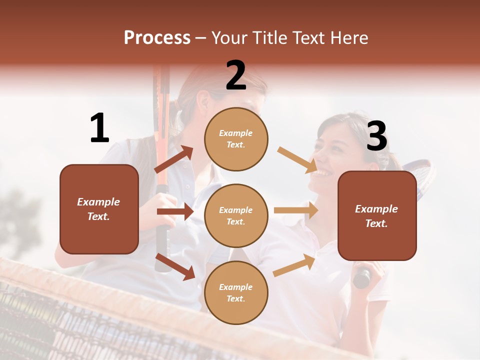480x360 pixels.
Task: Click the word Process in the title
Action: [x=157, y=38]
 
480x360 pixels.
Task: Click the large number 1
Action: [x=99, y=128]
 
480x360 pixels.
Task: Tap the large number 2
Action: [x=236, y=75]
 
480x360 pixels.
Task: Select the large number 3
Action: [x=376, y=136]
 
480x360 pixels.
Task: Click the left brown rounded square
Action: [x=99, y=209]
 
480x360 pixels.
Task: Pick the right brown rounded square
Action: [x=377, y=216]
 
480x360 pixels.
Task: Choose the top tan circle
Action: [x=236, y=139]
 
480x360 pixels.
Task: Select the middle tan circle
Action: [x=236, y=216]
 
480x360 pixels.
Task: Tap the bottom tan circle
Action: [x=236, y=293]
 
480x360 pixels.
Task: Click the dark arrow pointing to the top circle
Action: [x=174, y=159]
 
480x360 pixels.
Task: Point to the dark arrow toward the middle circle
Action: [x=175, y=211]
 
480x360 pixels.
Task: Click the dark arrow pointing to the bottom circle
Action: [x=175, y=266]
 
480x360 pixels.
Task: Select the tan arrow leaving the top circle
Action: [x=297, y=160]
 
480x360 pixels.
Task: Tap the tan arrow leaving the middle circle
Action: [x=296, y=210]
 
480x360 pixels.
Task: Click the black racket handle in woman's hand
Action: [x=362, y=277]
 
